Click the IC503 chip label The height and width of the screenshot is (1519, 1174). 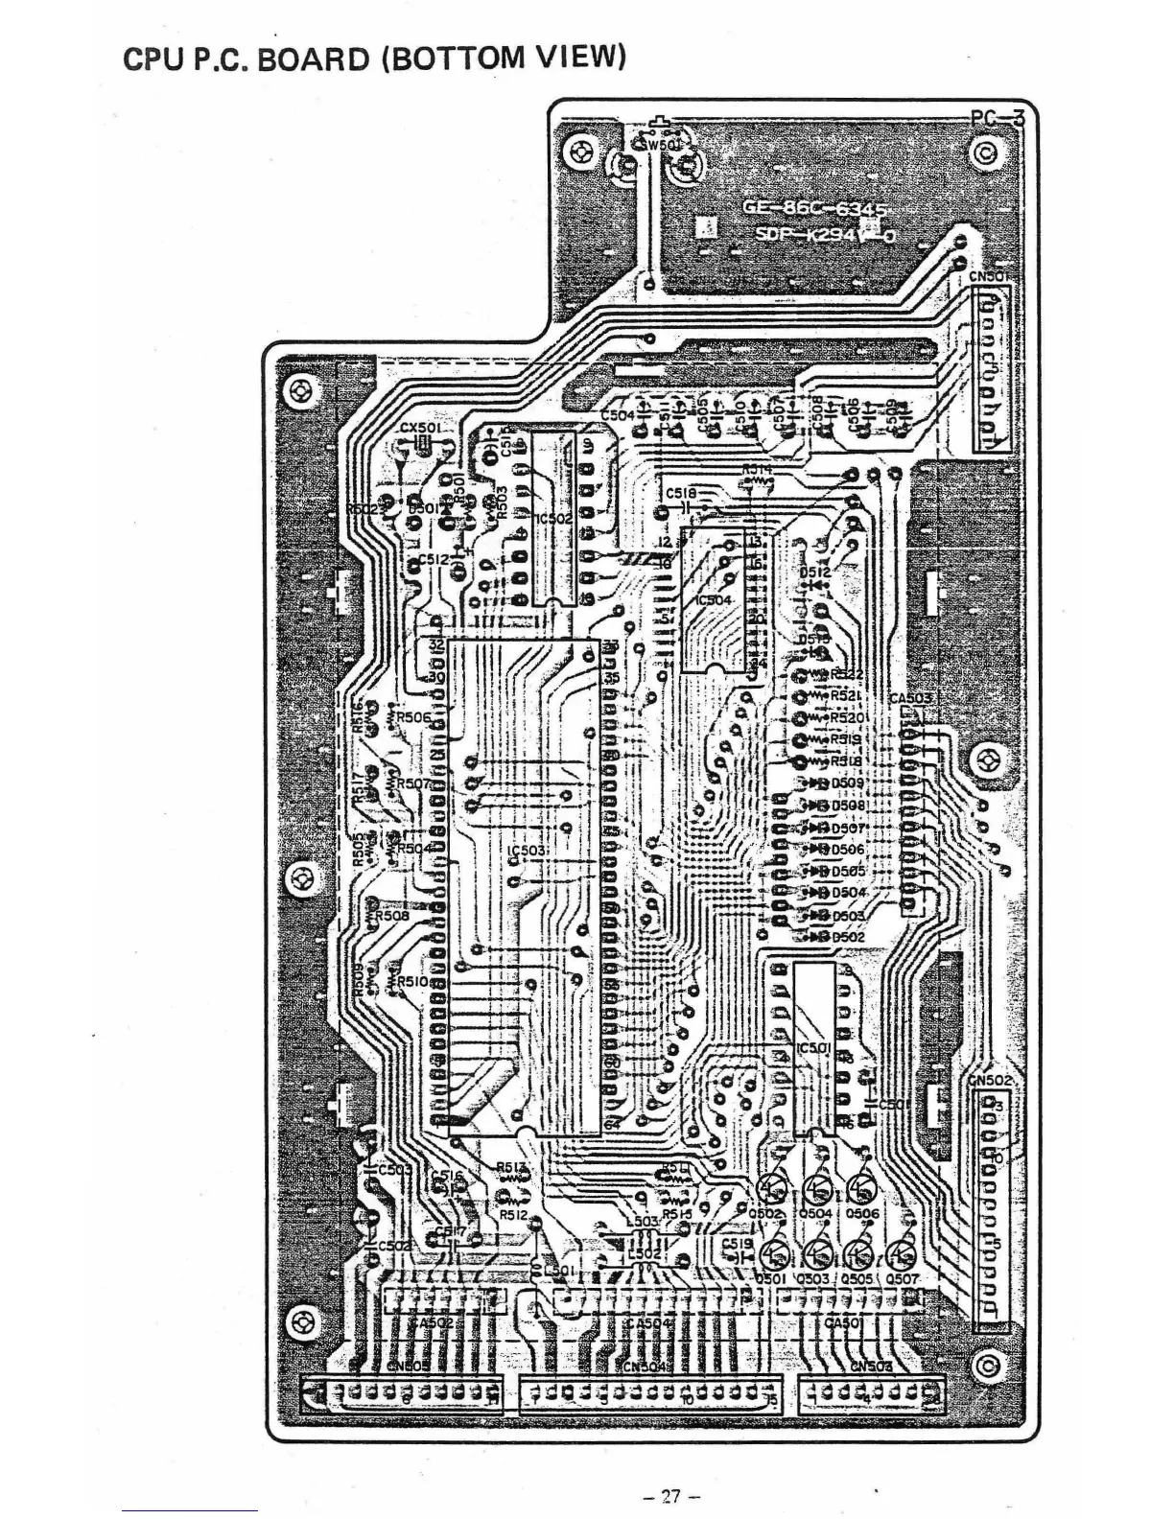click(527, 851)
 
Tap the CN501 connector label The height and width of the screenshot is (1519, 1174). click(989, 277)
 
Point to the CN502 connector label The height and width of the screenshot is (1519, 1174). click(990, 1081)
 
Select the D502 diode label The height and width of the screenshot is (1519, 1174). click(848, 937)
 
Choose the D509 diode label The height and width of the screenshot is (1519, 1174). click(848, 783)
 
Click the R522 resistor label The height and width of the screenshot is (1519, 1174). click(848, 674)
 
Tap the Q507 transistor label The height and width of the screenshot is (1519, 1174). click(903, 1279)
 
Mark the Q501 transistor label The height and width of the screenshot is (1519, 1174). click(770, 1279)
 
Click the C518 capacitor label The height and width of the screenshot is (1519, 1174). click(681, 494)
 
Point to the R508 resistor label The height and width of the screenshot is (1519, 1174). click(392, 916)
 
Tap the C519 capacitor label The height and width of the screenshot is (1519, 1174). click(737, 1243)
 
